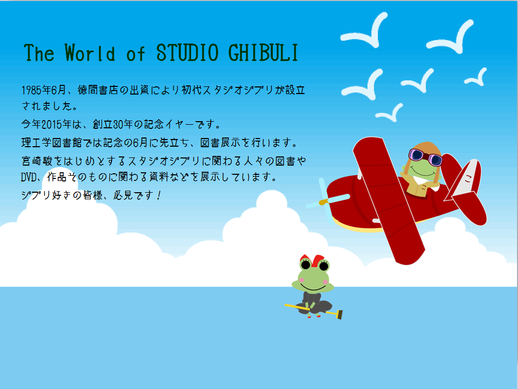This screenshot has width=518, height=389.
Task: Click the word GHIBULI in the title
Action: (263, 53)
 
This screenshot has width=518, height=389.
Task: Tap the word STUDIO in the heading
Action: (187, 53)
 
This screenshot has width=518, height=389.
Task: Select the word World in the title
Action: (90, 53)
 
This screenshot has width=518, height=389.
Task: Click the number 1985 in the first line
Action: (32, 90)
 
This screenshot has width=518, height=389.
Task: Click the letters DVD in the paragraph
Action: (29, 177)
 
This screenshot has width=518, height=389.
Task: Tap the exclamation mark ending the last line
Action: (159, 195)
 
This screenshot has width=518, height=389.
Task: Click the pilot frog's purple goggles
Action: (426, 157)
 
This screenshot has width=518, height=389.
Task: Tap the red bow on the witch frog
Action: (312, 260)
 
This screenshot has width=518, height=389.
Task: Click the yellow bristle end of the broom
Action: (339, 314)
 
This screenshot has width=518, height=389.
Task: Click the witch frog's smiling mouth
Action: (313, 287)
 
